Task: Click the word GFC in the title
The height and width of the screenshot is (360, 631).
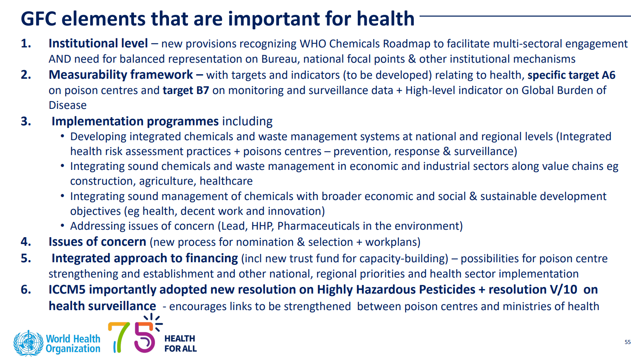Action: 38,19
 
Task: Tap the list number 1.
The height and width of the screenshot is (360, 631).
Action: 26,43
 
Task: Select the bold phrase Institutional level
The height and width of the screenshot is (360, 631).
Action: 98,43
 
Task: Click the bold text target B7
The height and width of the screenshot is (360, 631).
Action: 186,90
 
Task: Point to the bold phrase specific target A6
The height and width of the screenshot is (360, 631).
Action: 571,75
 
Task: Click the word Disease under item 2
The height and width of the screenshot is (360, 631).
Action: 68,105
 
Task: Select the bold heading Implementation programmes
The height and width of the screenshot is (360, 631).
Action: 135,122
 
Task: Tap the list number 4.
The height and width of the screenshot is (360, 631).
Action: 26,242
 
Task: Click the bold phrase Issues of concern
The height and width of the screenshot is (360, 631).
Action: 97,242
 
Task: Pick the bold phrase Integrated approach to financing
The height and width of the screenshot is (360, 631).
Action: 145,258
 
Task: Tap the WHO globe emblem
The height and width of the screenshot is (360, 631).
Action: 28,344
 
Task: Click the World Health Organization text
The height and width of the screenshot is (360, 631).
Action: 73,344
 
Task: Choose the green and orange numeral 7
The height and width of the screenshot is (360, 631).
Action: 119,337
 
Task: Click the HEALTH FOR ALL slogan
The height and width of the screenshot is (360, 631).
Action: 180,344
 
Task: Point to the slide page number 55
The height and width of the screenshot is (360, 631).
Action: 628,342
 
